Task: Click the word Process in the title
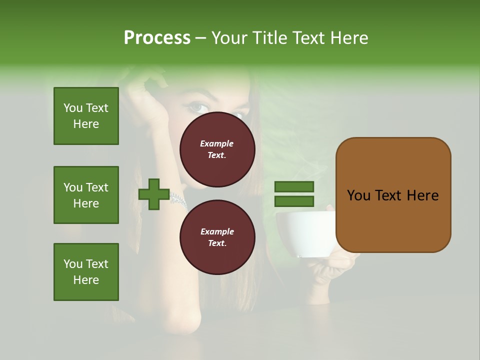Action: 157,38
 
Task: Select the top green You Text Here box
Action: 86,116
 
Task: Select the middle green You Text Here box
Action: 86,195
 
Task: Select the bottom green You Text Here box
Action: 86,272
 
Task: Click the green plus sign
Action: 154,194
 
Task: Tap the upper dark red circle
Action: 217,149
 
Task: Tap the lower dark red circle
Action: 217,237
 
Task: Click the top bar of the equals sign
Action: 294,186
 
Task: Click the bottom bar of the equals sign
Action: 294,201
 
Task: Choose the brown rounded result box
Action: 393,195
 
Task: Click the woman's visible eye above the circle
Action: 197,106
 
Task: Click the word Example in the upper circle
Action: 216,143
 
